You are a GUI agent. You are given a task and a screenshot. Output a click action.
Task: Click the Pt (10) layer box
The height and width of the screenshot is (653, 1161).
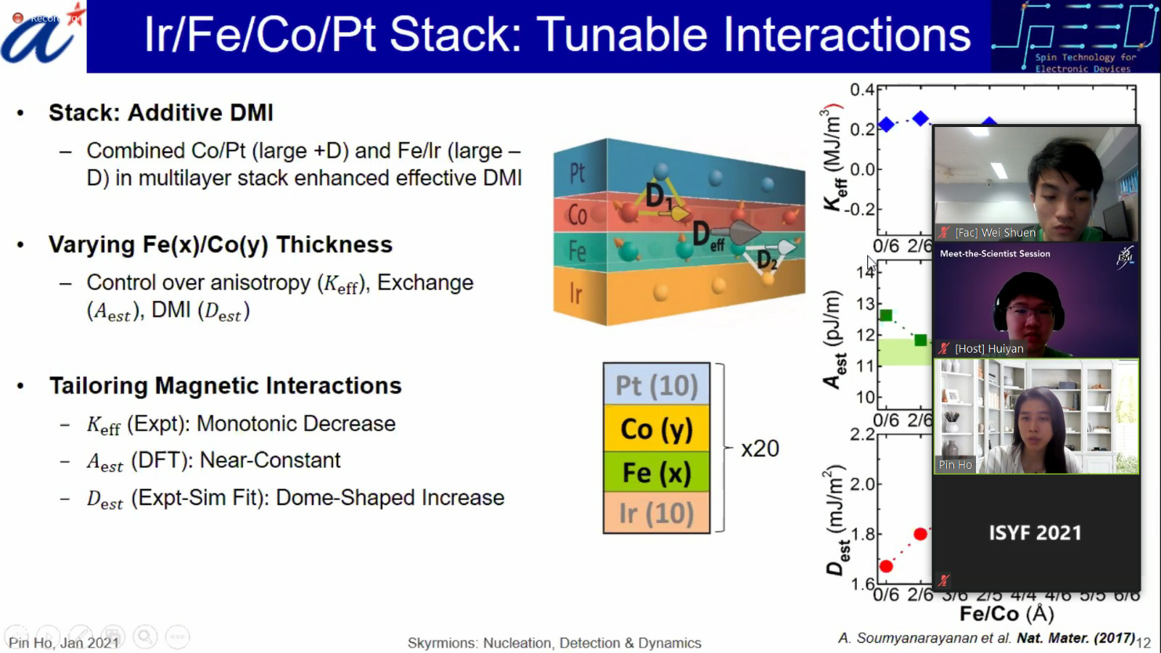click(656, 385)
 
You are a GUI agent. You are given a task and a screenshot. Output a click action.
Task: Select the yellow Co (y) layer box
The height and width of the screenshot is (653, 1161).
click(656, 429)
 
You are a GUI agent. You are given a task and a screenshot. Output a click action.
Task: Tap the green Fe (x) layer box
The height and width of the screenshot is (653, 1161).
click(656, 472)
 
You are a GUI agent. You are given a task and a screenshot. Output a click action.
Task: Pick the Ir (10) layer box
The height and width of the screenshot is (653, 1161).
click(656, 514)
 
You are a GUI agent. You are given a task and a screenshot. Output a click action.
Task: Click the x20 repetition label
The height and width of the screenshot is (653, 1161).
click(760, 448)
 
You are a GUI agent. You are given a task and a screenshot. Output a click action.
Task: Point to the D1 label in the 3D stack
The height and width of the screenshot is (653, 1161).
click(660, 195)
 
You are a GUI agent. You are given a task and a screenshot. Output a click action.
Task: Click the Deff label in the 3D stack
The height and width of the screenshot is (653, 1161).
click(707, 236)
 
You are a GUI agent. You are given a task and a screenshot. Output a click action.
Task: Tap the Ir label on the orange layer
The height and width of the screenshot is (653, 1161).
click(575, 294)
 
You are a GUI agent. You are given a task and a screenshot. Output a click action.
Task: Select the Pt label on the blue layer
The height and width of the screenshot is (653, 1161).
click(577, 173)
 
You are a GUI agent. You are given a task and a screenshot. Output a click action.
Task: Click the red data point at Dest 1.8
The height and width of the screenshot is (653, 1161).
click(920, 534)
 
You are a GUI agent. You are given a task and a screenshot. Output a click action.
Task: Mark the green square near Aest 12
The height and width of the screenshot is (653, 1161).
click(920, 340)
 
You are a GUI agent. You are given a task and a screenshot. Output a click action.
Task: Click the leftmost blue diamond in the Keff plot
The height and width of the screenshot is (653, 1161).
click(886, 125)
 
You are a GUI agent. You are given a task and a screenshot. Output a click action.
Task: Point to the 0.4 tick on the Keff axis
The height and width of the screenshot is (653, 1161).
click(862, 90)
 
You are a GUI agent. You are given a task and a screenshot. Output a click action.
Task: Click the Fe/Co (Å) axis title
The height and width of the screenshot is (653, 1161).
click(1006, 614)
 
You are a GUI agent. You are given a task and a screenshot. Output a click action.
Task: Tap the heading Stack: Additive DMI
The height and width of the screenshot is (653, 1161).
click(160, 112)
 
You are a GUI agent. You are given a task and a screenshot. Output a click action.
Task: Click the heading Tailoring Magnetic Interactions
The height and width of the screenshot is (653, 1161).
click(225, 385)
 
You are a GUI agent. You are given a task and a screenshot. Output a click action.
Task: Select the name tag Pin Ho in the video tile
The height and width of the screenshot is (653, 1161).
click(955, 464)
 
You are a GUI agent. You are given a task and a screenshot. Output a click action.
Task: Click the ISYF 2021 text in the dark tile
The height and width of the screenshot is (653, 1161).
click(1035, 533)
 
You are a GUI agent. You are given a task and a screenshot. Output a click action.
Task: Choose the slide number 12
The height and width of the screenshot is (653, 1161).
click(1144, 642)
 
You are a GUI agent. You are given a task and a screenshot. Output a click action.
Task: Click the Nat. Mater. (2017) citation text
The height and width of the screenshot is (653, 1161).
click(1075, 638)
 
